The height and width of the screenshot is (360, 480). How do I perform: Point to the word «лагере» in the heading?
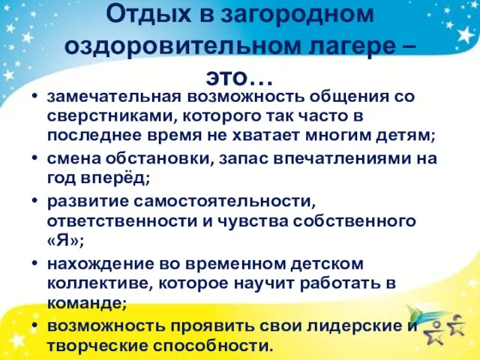pyautogui.click(x=354, y=47)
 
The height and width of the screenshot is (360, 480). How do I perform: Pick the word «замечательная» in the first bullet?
pyautogui.click(x=115, y=97)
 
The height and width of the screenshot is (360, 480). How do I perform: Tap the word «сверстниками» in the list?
pyautogui.click(x=109, y=117)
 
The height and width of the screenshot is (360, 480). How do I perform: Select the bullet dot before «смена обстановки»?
pyautogui.click(x=35, y=157)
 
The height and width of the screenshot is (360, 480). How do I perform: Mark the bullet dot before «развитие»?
pyautogui.click(x=35, y=200)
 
